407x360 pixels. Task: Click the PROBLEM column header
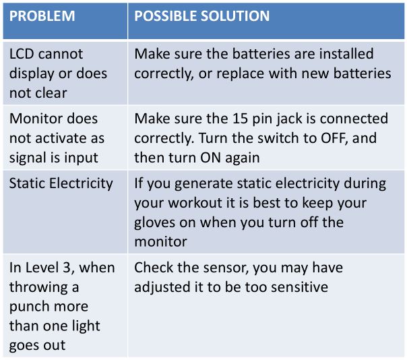[x=42, y=16]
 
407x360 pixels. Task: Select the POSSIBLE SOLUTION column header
[x=201, y=16]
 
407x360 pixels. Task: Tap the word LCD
[x=22, y=54]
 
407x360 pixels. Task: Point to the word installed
[x=346, y=54]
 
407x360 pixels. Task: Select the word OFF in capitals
[x=334, y=138]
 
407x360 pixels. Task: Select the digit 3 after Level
[x=67, y=268]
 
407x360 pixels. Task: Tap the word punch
[x=27, y=307]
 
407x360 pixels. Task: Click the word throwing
[x=38, y=288]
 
